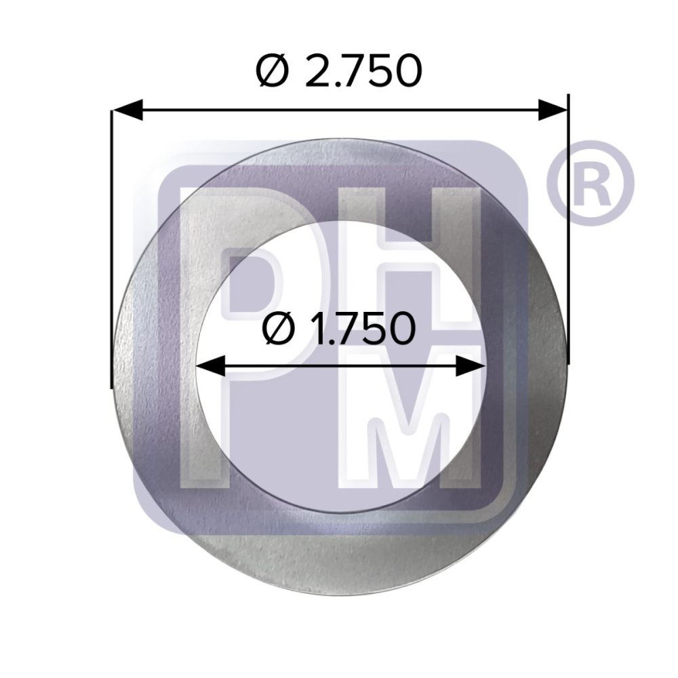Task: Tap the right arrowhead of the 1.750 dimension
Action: [x=471, y=367]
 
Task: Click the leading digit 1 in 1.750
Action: [x=315, y=330]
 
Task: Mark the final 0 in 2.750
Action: [x=405, y=71]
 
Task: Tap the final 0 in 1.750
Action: [x=399, y=330]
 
